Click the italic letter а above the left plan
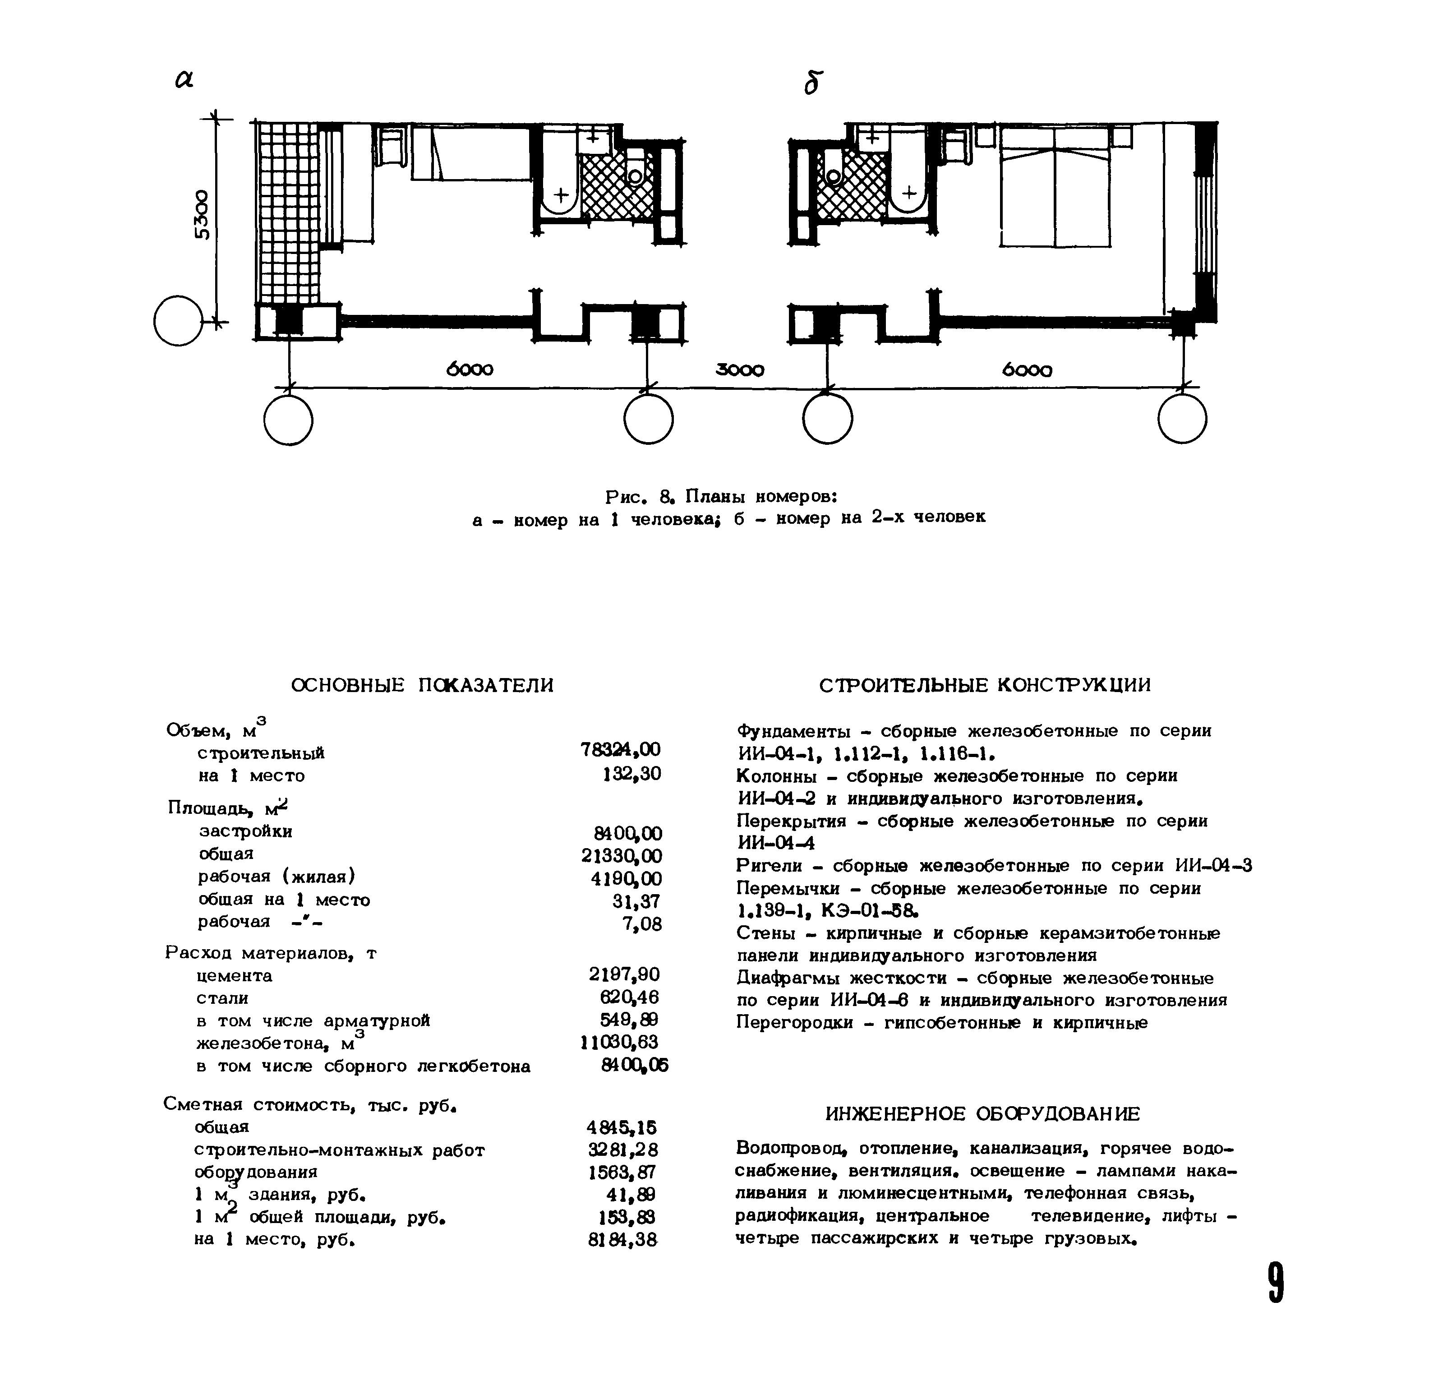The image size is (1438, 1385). [184, 80]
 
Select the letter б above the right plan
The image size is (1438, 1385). [811, 83]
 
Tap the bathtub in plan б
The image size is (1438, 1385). [908, 176]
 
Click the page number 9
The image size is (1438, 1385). [1276, 1282]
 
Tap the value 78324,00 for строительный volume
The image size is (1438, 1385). [620, 749]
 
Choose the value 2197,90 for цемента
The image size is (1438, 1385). [624, 974]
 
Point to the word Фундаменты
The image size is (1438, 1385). [793, 731]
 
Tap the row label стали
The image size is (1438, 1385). [222, 998]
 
